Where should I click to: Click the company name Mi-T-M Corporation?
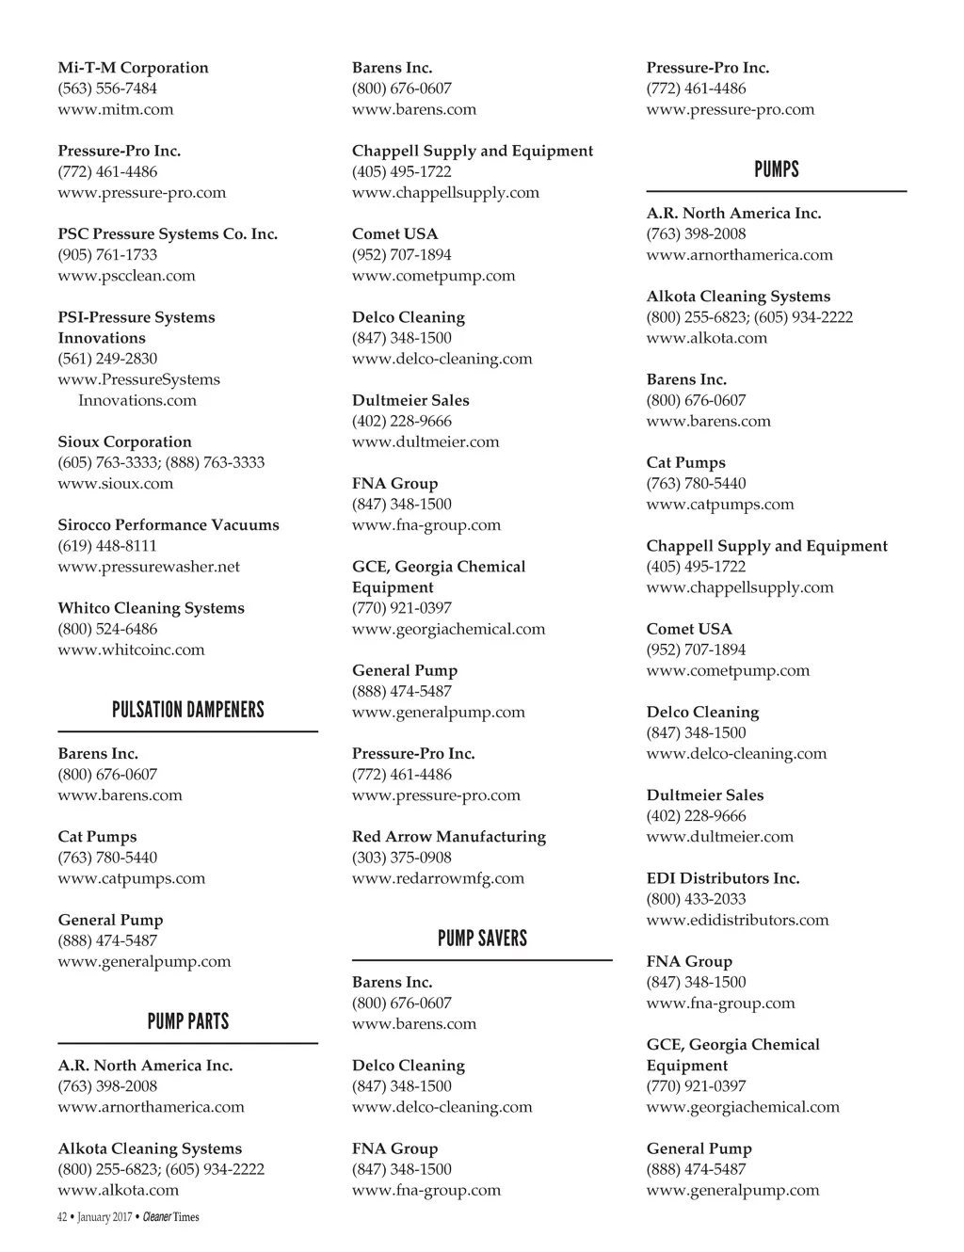(x=133, y=68)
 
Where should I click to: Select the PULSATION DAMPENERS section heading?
(x=187, y=710)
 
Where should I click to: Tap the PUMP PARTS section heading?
(x=187, y=1021)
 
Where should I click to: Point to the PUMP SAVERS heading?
(x=482, y=939)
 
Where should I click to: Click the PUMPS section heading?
(x=776, y=169)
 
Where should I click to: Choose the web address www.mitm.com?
(x=116, y=109)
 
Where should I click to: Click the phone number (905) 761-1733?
(x=107, y=254)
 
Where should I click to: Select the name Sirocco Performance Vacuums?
(x=169, y=524)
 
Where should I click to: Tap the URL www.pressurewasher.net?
(x=149, y=567)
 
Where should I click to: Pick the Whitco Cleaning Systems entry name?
(x=151, y=608)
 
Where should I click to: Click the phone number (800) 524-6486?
(x=107, y=629)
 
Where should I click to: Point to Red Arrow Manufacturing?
(x=449, y=836)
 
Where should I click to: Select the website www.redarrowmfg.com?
(x=438, y=878)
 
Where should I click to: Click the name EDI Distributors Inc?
(x=723, y=878)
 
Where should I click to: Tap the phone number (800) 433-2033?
(x=696, y=899)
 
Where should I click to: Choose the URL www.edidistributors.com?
(x=737, y=920)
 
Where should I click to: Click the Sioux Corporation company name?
(x=124, y=441)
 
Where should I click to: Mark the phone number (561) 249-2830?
(x=107, y=359)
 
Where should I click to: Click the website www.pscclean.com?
(x=126, y=276)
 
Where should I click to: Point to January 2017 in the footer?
(x=104, y=1217)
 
